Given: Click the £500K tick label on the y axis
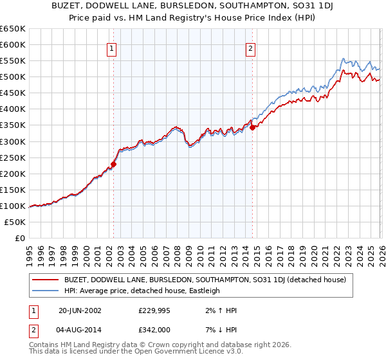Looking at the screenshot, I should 12,77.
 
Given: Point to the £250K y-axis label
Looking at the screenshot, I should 12,157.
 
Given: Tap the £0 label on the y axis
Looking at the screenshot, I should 19,238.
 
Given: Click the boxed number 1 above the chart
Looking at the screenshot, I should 112,48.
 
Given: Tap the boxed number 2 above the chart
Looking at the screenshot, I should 250,48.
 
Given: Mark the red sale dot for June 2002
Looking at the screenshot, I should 113,164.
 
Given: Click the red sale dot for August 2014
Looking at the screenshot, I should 252,127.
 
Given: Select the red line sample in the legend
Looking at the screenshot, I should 46,280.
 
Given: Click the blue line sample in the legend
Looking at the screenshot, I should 46,291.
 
